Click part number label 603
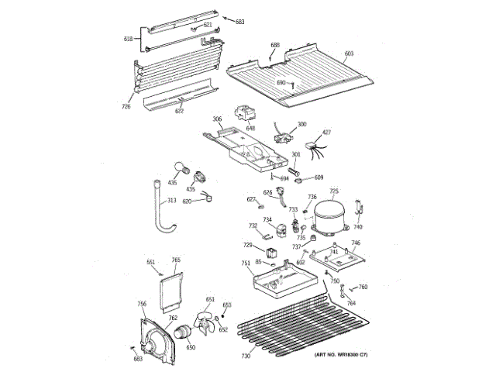coord(349,53)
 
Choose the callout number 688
coord(274,46)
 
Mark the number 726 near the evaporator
coord(126,105)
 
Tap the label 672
coord(179,111)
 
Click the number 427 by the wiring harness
coord(326,133)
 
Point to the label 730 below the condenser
coord(246,356)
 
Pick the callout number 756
coord(142,303)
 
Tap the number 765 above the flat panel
coord(176,260)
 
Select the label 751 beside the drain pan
coord(246,263)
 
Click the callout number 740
coord(357,227)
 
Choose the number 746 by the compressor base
coord(356,243)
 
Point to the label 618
coord(128,38)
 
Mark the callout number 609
coord(319,177)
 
